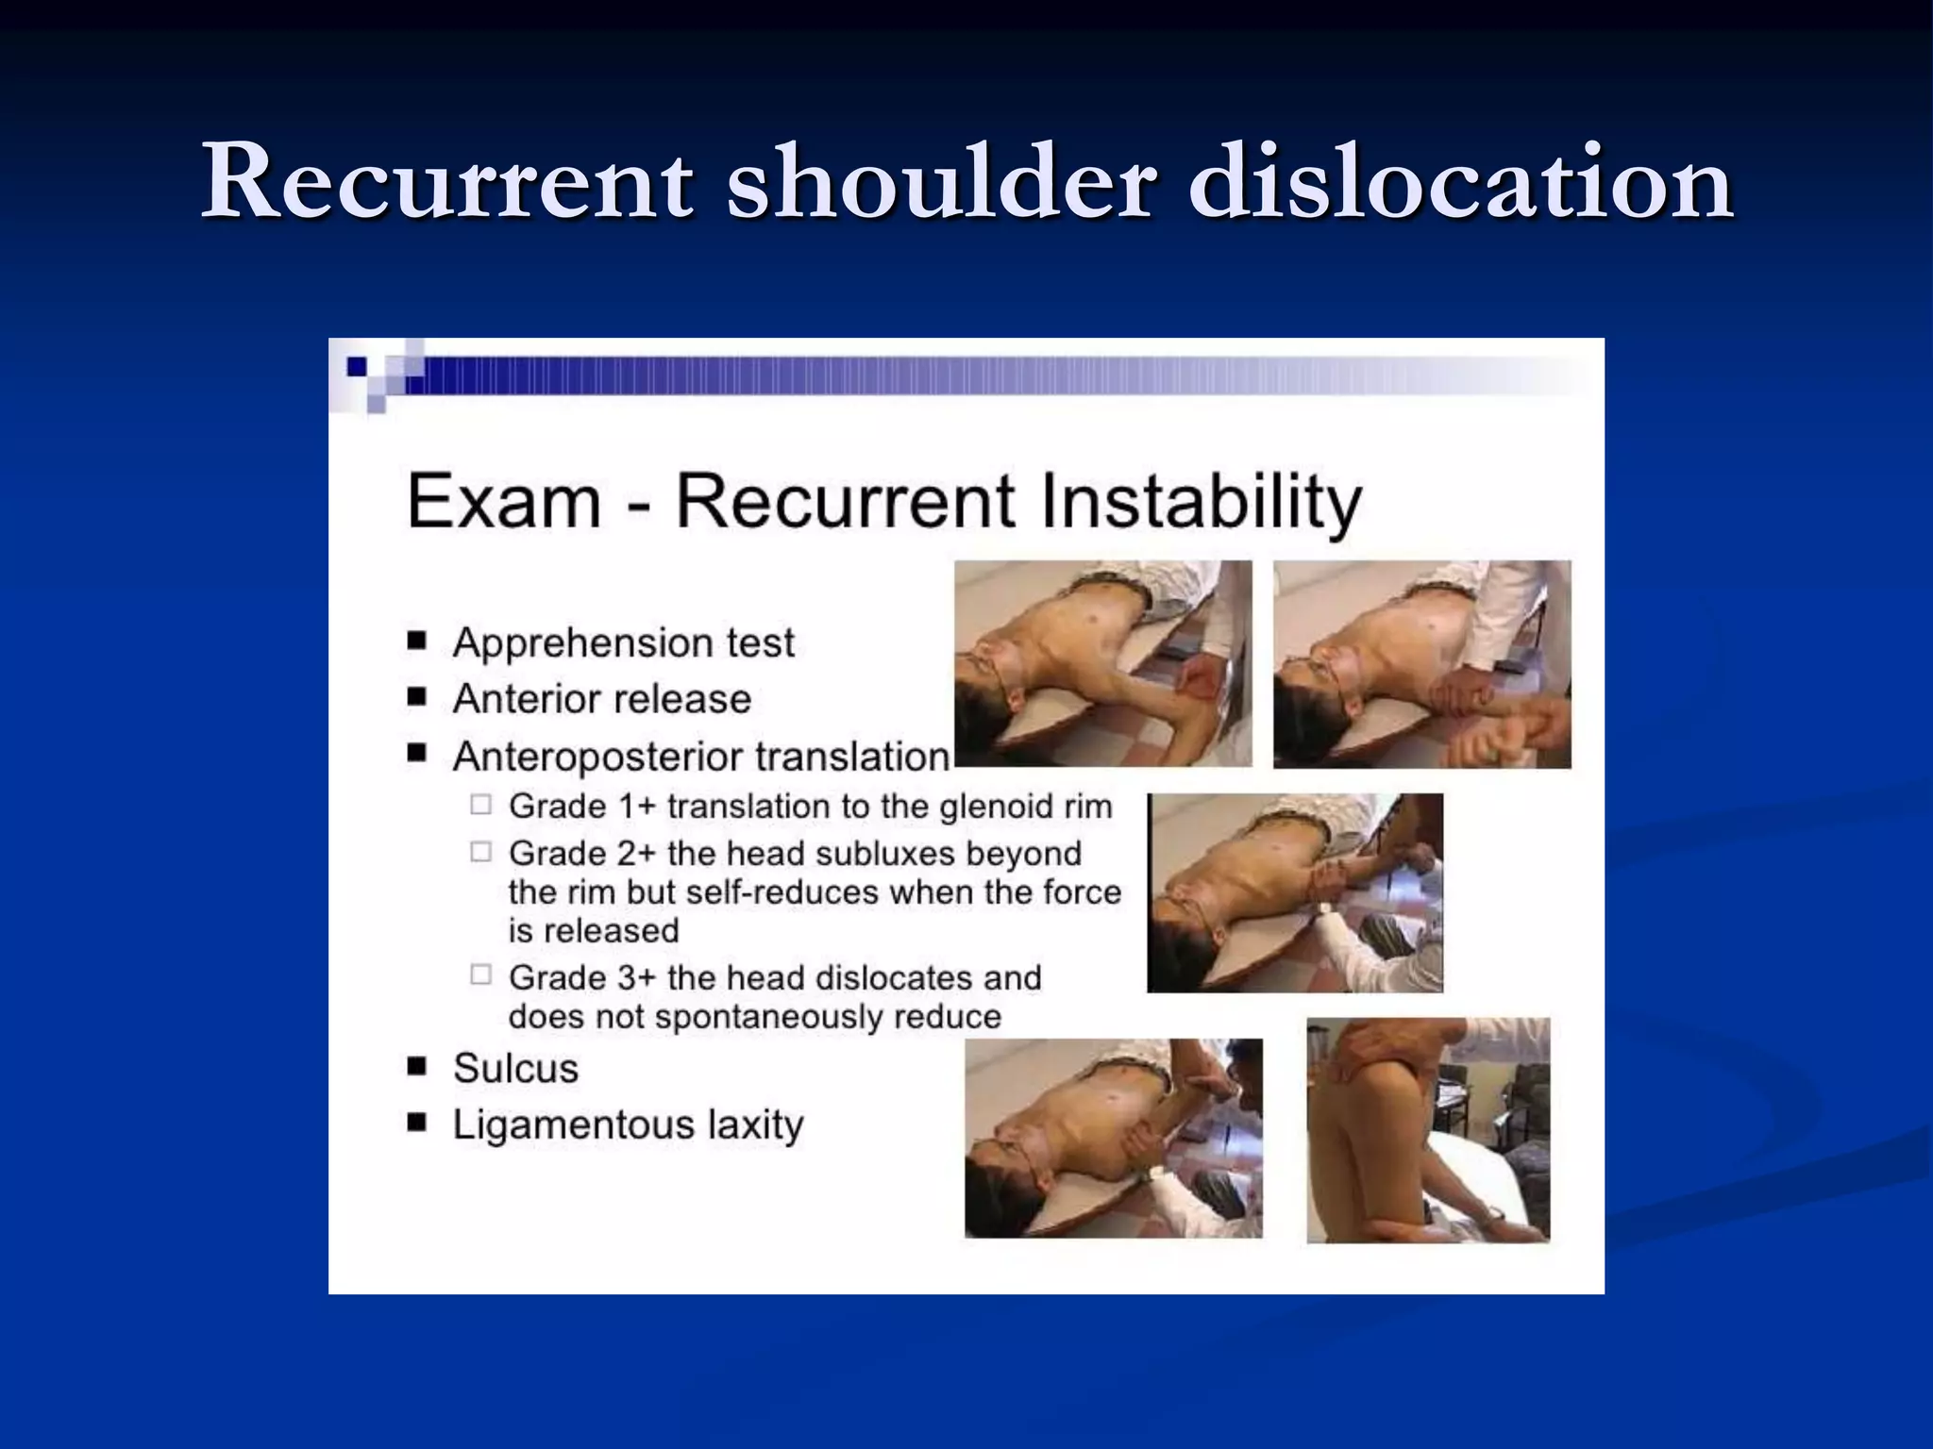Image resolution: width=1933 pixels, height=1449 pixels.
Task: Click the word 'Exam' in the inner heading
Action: (504, 501)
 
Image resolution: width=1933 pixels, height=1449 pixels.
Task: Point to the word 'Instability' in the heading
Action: (1201, 503)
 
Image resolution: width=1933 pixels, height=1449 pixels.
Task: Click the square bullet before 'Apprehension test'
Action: (417, 641)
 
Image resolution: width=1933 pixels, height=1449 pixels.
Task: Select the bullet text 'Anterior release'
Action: (601, 699)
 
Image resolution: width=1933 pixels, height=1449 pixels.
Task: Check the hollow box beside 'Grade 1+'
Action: (481, 805)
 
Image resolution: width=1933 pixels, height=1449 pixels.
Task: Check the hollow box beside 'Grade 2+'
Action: (481, 852)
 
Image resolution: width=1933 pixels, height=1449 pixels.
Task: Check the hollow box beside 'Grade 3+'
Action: (481, 975)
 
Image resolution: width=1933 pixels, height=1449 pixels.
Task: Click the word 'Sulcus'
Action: (515, 1068)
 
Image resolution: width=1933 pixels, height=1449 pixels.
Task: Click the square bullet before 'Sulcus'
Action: (417, 1067)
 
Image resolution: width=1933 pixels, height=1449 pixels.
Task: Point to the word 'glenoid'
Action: (973, 807)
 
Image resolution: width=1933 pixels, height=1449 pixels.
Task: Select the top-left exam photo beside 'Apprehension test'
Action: (1102, 663)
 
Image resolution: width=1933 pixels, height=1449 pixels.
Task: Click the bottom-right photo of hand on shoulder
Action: (1428, 1129)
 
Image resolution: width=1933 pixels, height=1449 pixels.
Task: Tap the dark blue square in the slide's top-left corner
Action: (358, 366)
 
